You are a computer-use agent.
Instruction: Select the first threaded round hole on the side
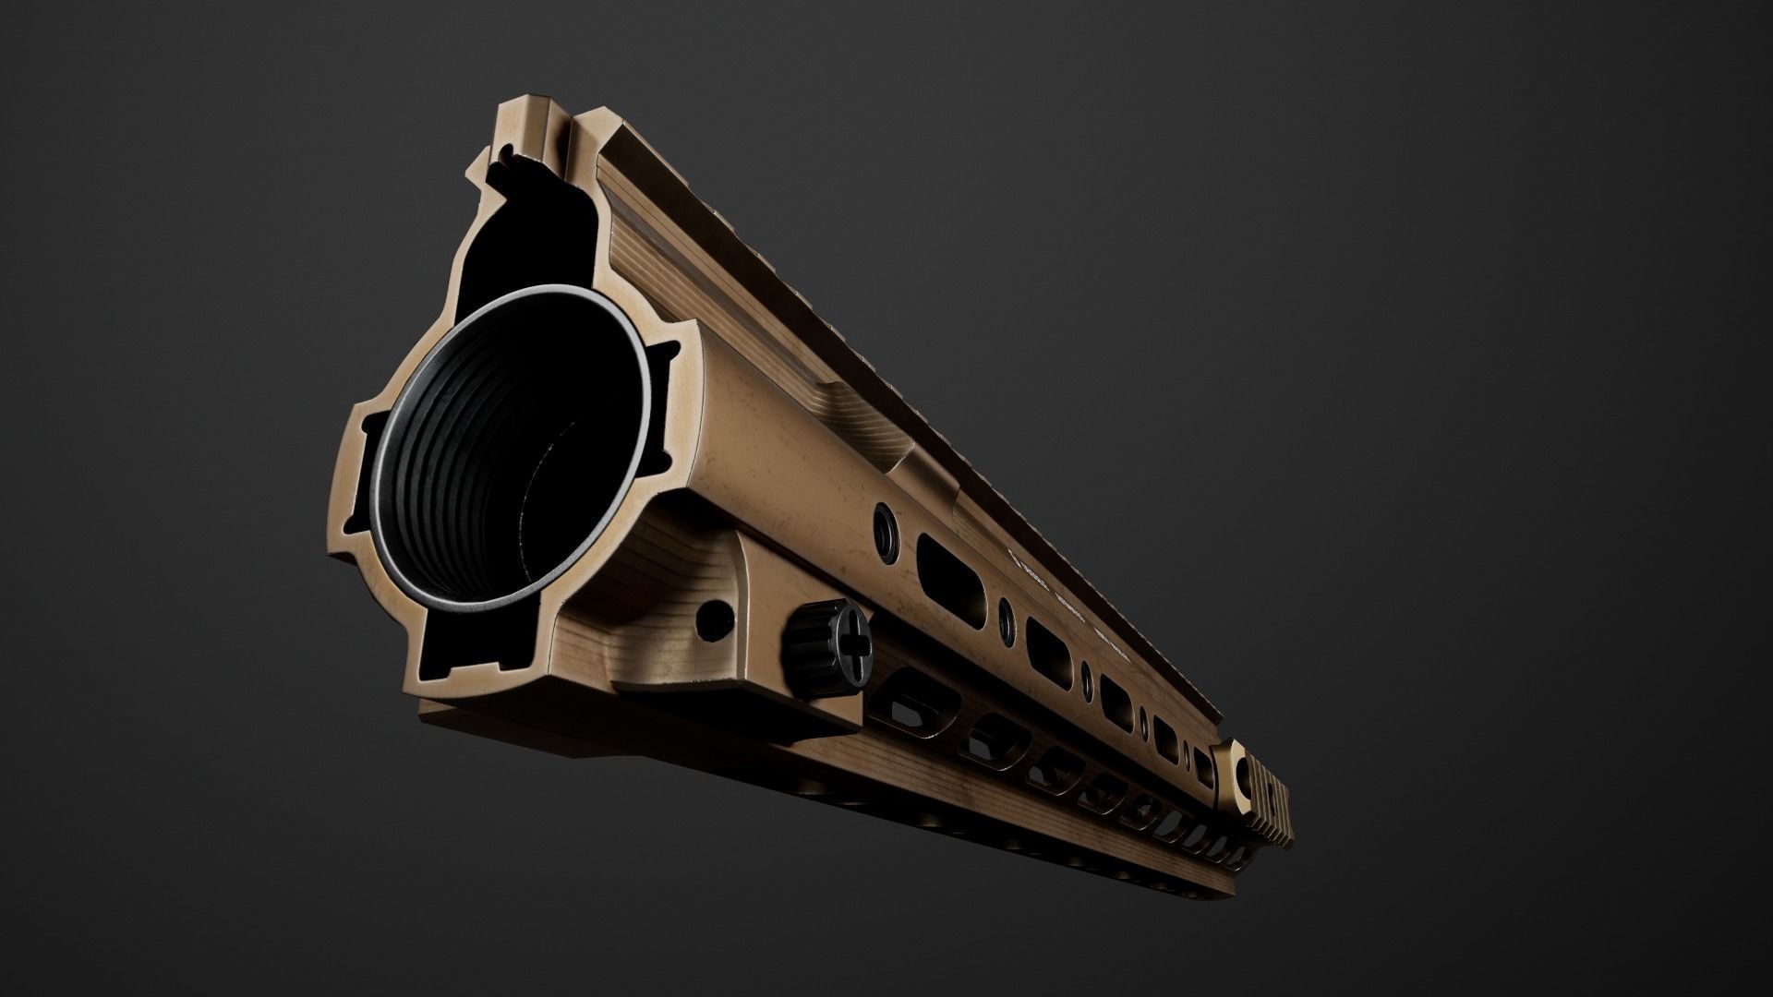coord(884,522)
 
